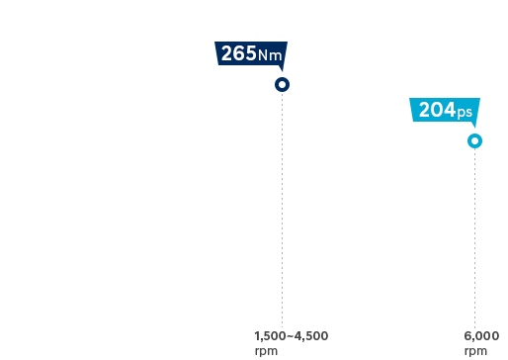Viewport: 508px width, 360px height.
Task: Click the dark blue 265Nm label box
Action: tap(253, 55)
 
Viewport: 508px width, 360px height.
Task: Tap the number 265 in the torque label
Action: tap(238, 54)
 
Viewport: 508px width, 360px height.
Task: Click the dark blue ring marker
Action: tap(283, 85)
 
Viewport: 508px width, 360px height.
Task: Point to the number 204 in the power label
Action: tap(437, 111)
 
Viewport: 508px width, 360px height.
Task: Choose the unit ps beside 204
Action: tap(465, 113)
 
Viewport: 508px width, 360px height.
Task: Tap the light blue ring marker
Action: tap(475, 140)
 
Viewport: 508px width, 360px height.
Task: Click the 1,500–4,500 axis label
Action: tap(292, 336)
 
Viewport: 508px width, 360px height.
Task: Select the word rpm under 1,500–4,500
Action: tap(266, 350)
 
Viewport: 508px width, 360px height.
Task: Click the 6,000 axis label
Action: tap(481, 336)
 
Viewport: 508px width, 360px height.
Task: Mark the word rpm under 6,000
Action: tap(475, 350)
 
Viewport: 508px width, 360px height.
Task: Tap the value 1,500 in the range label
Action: tap(270, 336)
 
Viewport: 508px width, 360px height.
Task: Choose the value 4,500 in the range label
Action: tap(312, 336)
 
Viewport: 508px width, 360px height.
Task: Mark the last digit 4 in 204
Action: tap(450, 111)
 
